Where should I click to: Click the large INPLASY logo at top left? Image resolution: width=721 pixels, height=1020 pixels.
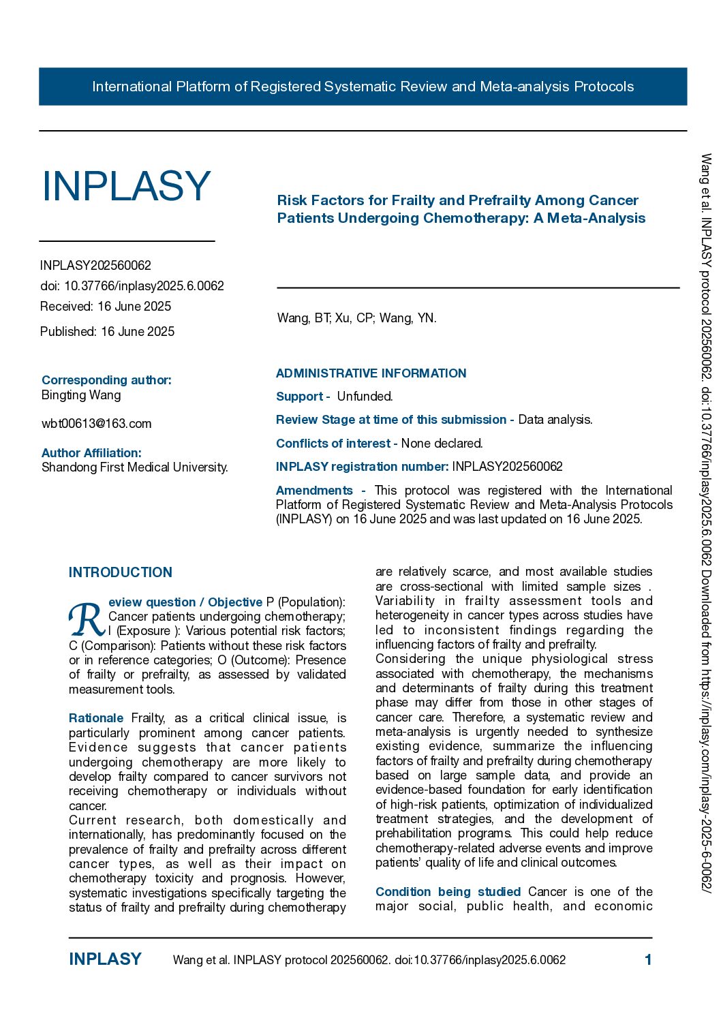tap(127, 186)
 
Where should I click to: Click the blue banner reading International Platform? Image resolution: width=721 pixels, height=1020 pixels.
tap(363, 87)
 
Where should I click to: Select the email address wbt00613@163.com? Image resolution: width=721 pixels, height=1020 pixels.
tap(97, 424)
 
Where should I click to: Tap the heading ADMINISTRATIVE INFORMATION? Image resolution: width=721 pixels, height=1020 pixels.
tap(371, 373)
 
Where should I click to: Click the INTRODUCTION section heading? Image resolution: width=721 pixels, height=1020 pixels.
tap(121, 572)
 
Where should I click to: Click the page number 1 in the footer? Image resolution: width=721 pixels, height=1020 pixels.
tap(648, 960)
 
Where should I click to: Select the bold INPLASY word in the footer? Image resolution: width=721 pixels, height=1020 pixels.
tap(105, 959)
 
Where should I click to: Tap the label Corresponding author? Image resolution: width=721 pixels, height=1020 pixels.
tap(106, 380)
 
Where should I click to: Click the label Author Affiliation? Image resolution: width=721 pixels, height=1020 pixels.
tap(91, 453)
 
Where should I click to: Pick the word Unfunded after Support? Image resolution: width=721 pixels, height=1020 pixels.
tap(365, 397)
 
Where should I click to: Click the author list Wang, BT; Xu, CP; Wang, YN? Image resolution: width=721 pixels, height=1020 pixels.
tap(356, 318)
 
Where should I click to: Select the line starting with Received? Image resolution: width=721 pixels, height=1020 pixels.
tap(106, 307)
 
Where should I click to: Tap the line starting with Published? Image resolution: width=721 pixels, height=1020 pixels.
tap(107, 332)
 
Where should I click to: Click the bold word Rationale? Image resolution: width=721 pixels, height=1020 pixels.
tap(96, 718)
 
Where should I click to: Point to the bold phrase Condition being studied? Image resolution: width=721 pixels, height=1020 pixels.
tap(448, 892)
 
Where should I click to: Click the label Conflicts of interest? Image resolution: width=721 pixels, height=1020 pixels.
tap(333, 444)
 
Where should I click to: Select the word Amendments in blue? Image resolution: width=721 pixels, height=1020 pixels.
tap(314, 491)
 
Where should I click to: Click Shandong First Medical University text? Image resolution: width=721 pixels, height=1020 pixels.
tap(134, 467)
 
